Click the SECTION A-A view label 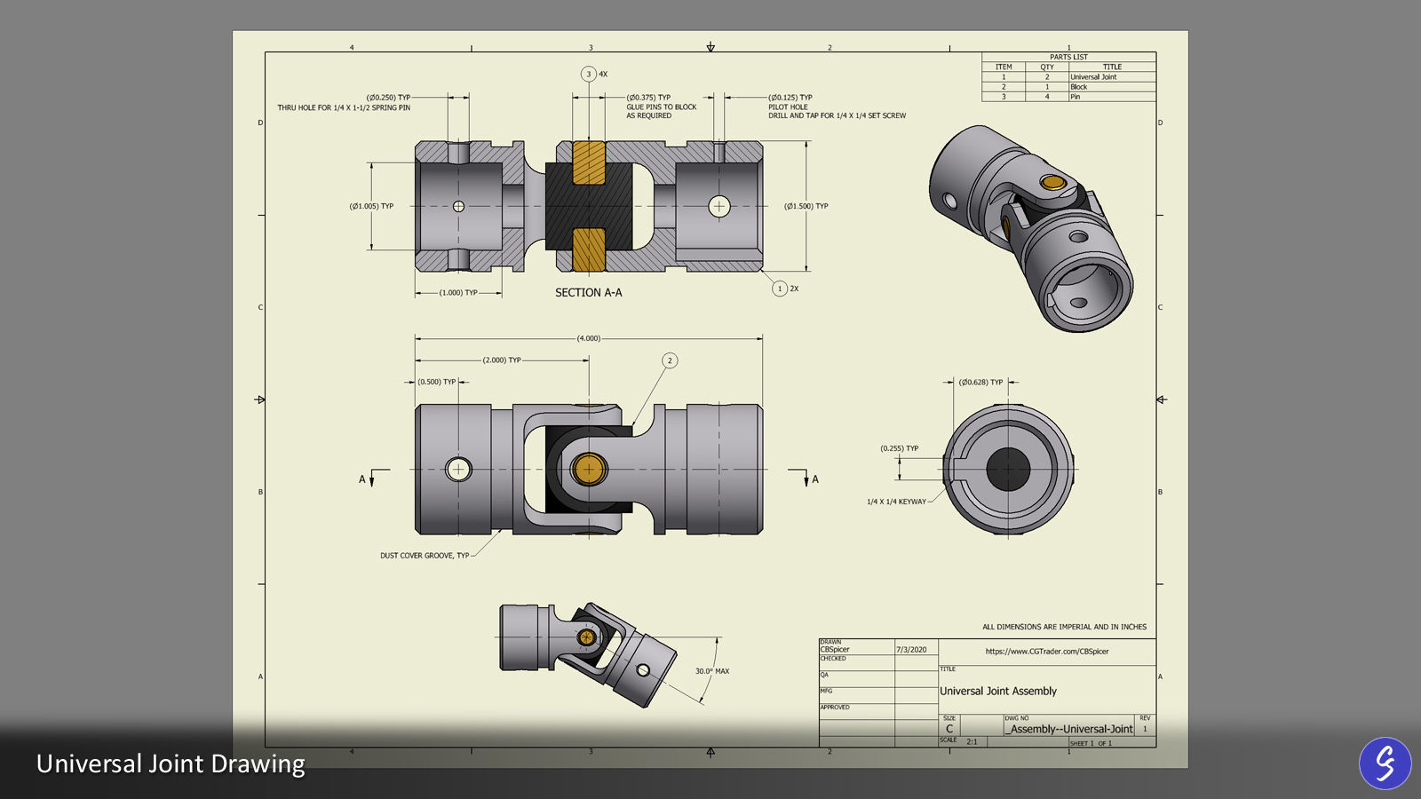588,292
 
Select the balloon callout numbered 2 670,360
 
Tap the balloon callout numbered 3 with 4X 589,75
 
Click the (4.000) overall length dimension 588,338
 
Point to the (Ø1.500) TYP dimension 806,206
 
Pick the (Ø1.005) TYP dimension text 371,206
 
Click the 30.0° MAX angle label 711,671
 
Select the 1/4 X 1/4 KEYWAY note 896,502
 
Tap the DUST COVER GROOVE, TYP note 425,556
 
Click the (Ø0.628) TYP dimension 980,382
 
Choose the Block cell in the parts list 1078,87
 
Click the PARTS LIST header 1068,57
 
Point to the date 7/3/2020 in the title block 911,650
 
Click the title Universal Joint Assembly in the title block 998,691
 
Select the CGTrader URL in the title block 1046,652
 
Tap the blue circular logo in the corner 1385,763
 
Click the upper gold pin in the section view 588,163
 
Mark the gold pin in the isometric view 1053,183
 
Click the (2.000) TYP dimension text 502,360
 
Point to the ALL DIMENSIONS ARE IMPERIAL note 1064,627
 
